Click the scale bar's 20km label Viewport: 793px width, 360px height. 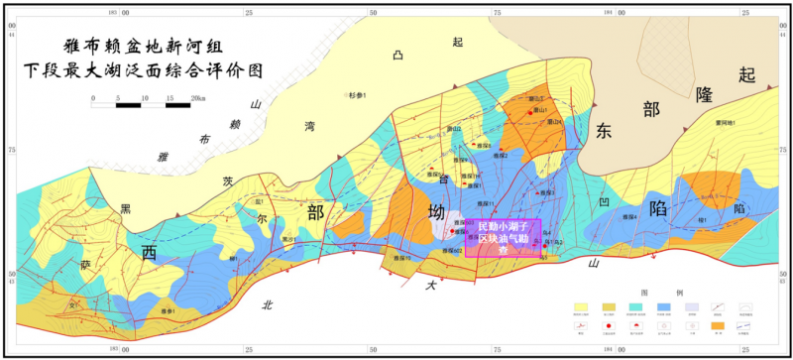(198, 98)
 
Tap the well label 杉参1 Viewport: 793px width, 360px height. (358, 95)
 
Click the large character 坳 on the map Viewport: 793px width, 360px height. (436, 213)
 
